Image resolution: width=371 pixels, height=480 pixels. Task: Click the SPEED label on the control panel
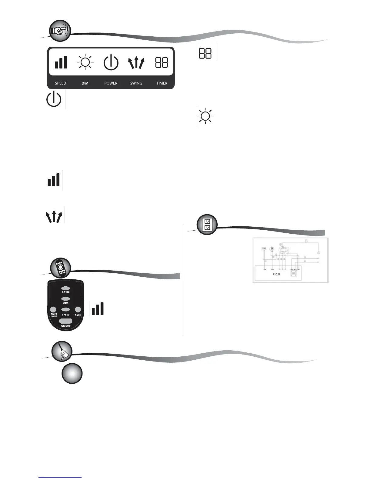(x=61, y=83)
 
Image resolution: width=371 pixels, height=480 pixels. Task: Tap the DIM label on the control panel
(x=85, y=83)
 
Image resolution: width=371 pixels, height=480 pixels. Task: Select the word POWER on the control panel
(x=111, y=83)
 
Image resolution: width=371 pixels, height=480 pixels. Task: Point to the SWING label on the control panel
(x=136, y=83)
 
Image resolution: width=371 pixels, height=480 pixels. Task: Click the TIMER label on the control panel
(x=162, y=83)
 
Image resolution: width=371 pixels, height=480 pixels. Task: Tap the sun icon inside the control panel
(x=85, y=62)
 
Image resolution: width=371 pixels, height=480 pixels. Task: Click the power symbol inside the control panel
(x=111, y=62)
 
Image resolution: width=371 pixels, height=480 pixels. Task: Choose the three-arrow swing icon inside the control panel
(x=136, y=63)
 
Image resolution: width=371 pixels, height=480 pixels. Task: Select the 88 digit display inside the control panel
(x=162, y=62)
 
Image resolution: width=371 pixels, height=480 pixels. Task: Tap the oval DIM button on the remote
(x=65, y=299)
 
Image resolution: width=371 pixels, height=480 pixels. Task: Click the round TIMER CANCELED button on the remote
(x=53, y=310)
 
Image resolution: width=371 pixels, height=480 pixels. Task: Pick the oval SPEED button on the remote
(x=65, y=310)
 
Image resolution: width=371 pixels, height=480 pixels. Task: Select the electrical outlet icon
(x=207, y=225)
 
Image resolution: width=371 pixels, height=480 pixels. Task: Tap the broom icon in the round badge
(x=62, y=351)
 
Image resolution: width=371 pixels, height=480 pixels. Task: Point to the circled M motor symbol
(x=272, y=249)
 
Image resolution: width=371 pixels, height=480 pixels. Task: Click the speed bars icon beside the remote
(x=98, y=308)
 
